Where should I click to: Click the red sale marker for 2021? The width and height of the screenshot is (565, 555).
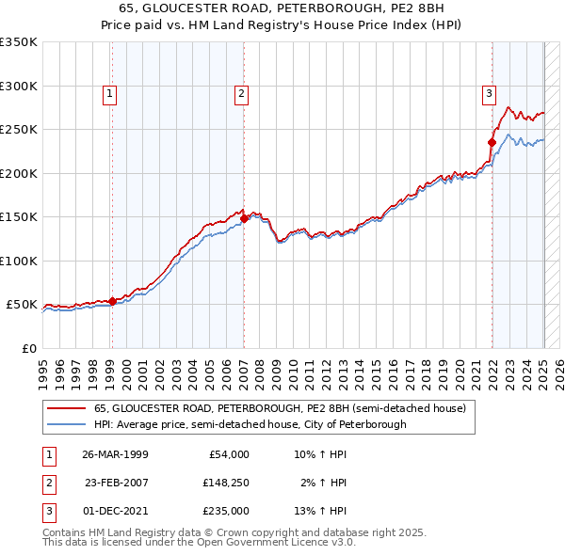[492, 143]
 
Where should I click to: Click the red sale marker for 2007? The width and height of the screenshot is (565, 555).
[244, 218]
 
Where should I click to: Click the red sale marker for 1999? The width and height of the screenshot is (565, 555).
[112, 301]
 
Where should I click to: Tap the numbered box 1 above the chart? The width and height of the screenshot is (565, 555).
[110, 93]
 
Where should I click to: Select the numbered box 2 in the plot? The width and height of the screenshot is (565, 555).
[242, 93]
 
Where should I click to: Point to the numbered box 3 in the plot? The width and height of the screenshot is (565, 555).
[490, 93]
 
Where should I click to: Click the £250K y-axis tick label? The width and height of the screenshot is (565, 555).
[19, 130]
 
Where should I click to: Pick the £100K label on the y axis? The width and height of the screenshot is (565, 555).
[19, 261]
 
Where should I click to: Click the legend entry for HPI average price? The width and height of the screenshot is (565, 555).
[250, 424]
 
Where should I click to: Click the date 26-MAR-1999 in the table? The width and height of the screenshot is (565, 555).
[115, 453]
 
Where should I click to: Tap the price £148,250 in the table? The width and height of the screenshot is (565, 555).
[225, 483]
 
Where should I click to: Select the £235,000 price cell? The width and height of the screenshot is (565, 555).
[225, 512]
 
